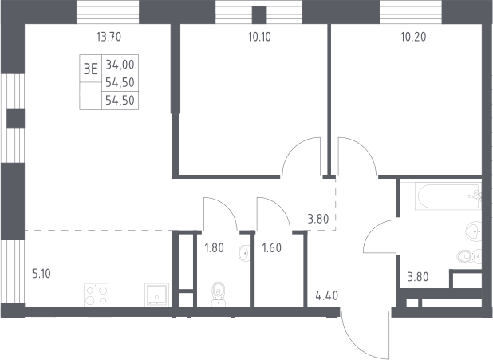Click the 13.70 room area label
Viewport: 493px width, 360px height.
pos(108,38)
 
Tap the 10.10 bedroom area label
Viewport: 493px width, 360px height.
pos(259,38)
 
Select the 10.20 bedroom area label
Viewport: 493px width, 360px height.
pos(413,38)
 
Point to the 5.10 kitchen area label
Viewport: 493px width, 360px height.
pos(41,274)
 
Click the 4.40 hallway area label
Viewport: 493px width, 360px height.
pos(327,296)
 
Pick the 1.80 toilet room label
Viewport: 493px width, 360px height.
pos(214,248)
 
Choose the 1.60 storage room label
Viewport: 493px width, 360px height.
pos(272,248)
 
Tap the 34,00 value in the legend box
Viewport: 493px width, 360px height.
pos(120,65)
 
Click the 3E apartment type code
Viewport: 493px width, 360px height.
pos(91,69)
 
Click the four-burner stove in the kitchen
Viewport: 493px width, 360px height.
pos(97,295)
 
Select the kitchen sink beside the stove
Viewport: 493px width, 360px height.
pos(156,295)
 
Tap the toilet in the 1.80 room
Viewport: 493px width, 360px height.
pos(219,294)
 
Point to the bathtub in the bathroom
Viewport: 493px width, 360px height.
pos(448,196)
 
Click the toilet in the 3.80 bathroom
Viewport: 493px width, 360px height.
pos(469,256)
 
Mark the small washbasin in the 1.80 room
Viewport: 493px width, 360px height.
pos(245,253)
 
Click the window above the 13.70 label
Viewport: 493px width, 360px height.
pos(108,12)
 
